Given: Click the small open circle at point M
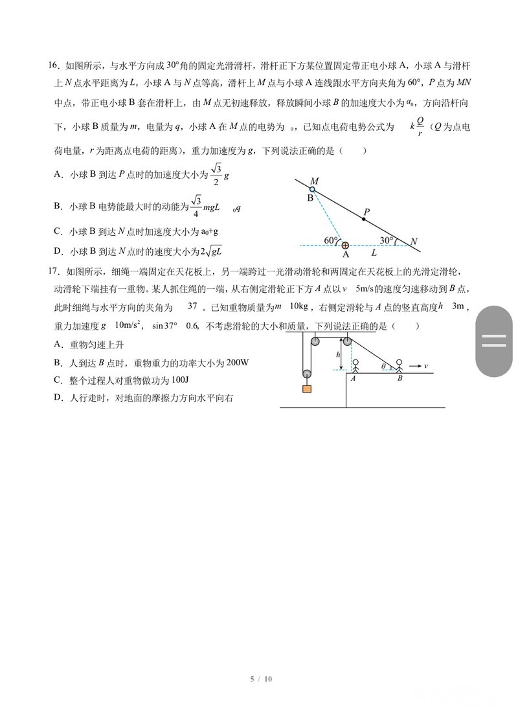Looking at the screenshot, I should [312, 190].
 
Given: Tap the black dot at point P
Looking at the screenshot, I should [363, 220].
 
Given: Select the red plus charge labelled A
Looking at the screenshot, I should [345, 245].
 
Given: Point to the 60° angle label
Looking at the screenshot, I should [331, 240].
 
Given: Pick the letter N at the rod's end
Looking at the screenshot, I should [414, 242].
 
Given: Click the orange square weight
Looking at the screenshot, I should [306, 389].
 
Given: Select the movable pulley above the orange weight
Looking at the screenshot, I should [306, 373].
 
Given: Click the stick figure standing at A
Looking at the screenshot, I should [354, 366].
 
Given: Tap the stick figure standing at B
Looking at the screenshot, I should [400, 366].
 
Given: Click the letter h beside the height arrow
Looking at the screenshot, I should [338, 355].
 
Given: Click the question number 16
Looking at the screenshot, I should [54, 65].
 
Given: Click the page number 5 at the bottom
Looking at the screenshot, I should [251, 679].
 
